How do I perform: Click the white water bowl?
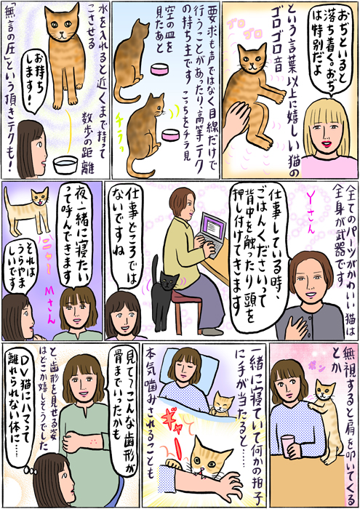[x=65, y=164]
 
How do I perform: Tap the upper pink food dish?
[x=159, y=69]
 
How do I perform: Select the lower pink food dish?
[x=170, y=135]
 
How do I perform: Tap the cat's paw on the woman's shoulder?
[x=312, y=406]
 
